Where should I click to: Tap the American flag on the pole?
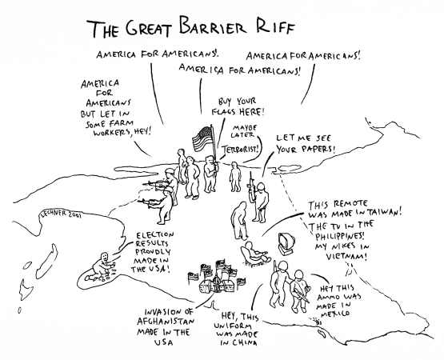click(x=202, y=138)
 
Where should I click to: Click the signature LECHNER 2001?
click(x=61, y=214)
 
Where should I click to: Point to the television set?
click(x=287, y=244)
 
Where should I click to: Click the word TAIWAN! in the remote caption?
click(x=384, y=213)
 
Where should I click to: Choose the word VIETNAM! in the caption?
click(x=347, y=257)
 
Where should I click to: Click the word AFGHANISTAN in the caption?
click(x=166, y=322)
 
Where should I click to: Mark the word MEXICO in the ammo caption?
click(x=335, y=314)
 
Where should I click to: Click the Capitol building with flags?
click(x=217, y=279)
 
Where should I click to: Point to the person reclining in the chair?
click(x=254, y=254)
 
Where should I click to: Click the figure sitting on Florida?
click(x=101, y=267)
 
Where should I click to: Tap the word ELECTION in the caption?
click(x=155, y=235)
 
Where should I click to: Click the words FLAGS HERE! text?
click(x=238, y=111)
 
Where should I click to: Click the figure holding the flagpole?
click(x=210, y=174)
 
